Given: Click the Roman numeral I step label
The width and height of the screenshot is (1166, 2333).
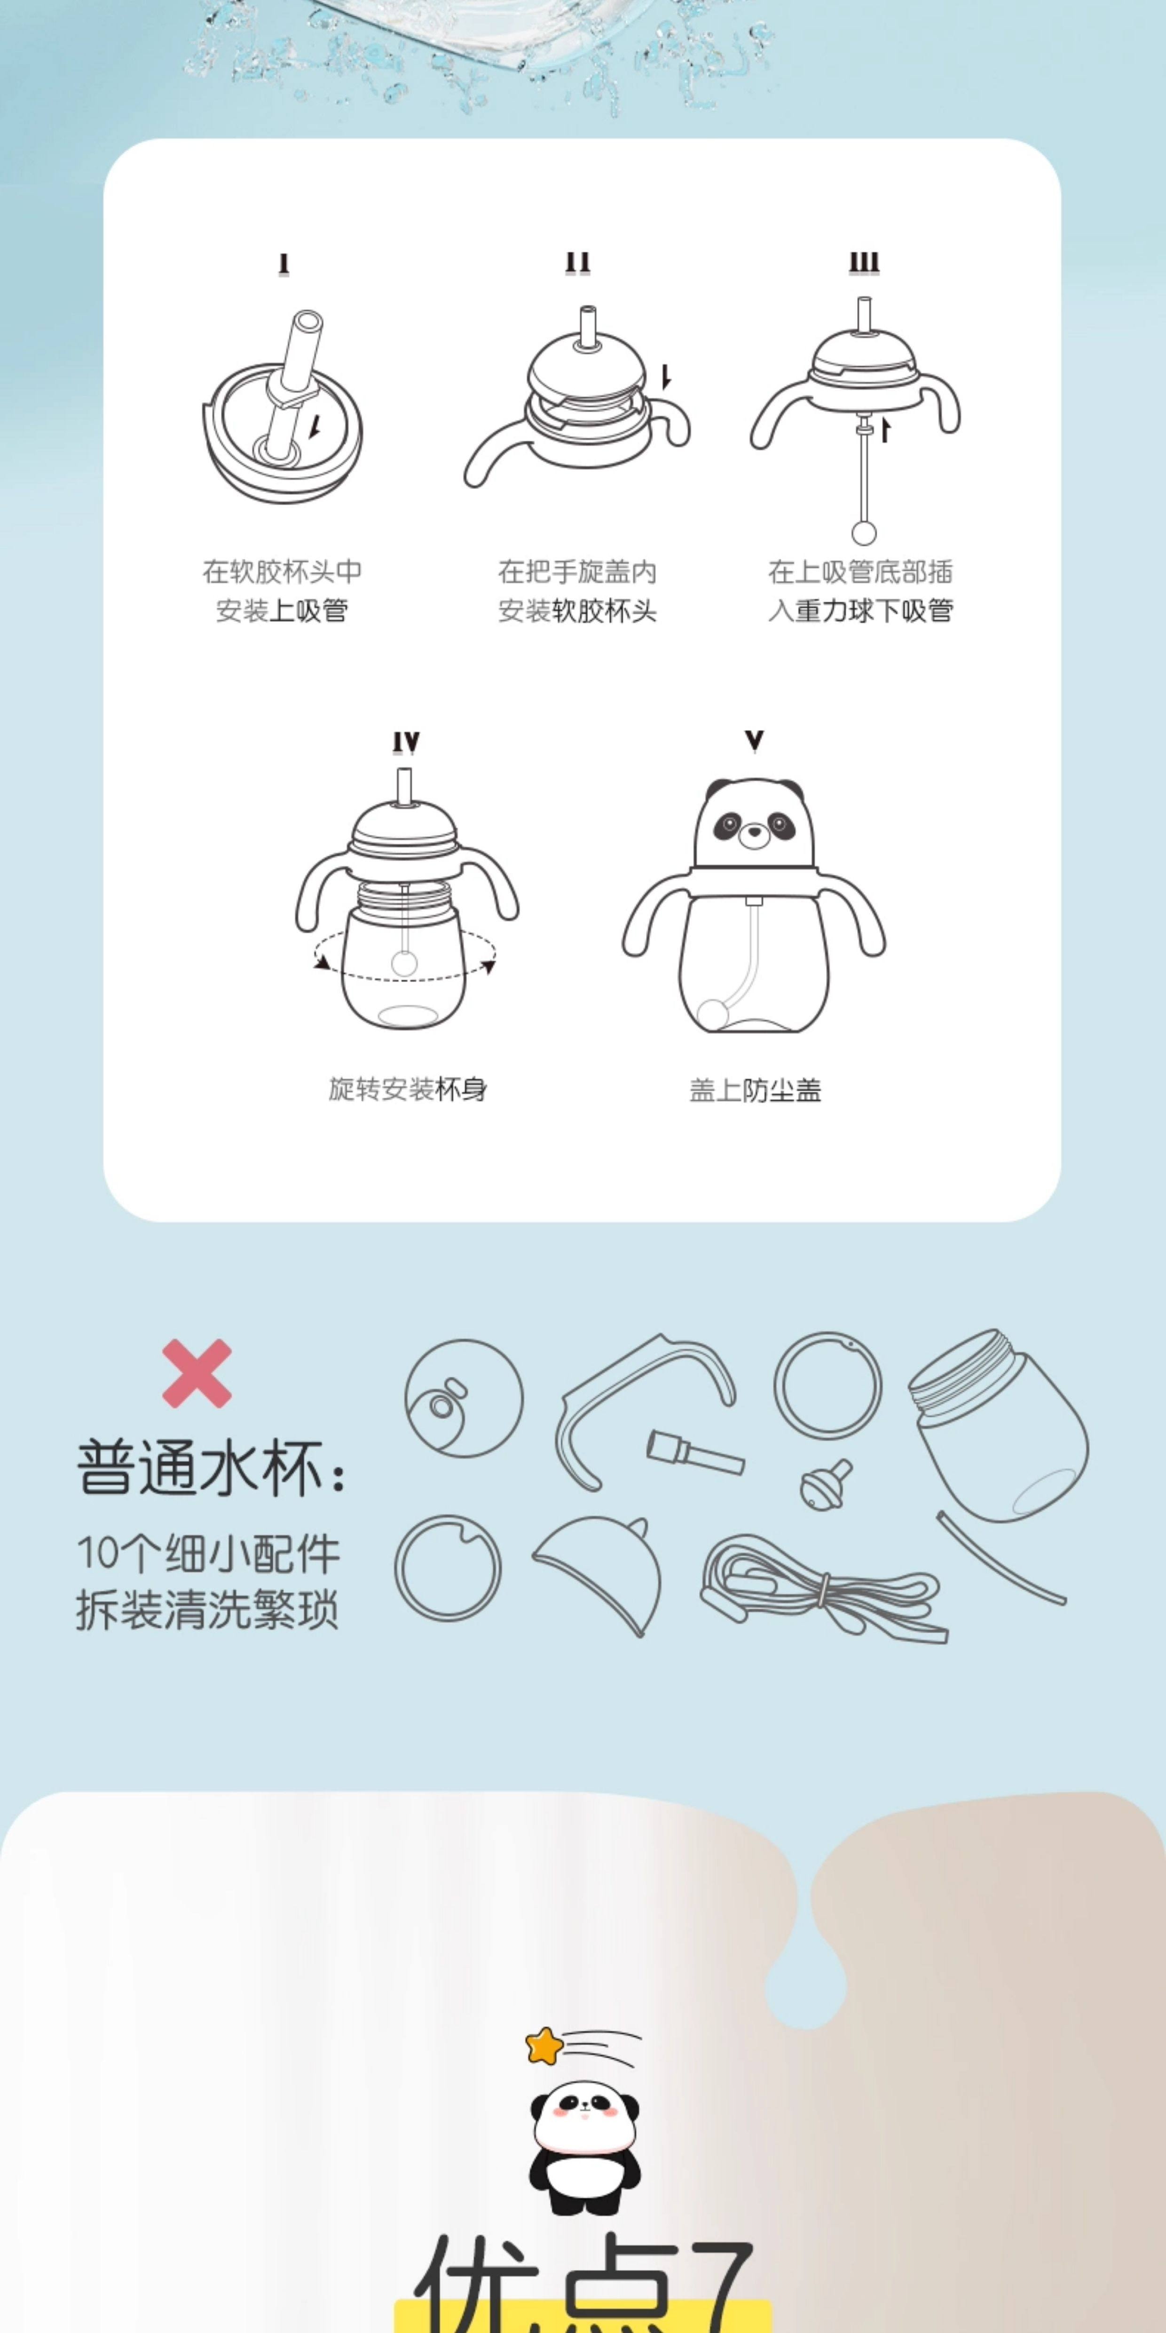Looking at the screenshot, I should tap(284, 263).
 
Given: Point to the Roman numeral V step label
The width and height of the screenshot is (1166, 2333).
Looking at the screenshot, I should tap(753, 742).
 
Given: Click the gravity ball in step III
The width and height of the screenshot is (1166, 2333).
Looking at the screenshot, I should tap(864, 532).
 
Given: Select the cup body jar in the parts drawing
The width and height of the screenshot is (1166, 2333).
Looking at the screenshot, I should tap(1001, 1427).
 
